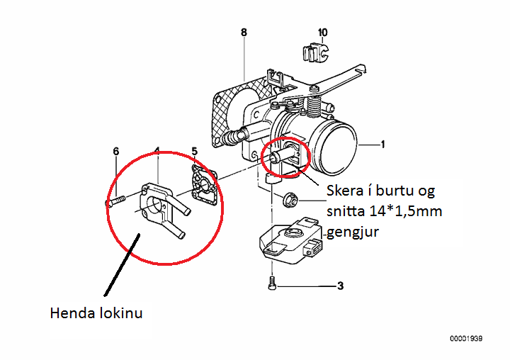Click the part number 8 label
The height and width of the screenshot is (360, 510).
(244, 33)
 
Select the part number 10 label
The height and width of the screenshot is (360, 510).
(323, 33)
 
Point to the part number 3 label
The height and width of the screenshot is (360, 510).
(340, 286)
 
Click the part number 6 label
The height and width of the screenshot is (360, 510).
(116, 151)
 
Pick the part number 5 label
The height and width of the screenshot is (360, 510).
(195, 151)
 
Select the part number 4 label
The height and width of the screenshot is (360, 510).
(157, 151)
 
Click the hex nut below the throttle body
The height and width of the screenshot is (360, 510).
(288, 199)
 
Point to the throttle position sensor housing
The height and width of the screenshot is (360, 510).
(290, 240)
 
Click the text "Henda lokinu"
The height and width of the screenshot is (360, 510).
(96, 313)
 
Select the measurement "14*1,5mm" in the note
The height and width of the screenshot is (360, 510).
(400, 210)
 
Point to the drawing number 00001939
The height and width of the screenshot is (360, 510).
(465, 339)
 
